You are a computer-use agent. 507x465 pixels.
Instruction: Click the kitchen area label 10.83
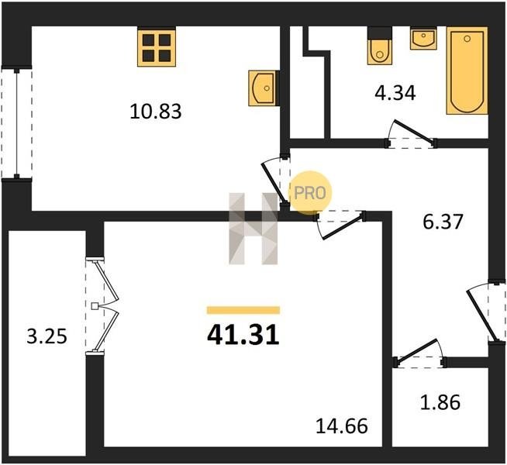pos(156,111)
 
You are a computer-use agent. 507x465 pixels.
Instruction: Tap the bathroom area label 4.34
pos(395,93)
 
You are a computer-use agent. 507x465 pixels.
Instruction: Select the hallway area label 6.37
pos(443,222)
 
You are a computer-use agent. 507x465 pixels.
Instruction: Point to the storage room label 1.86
pos(440,403)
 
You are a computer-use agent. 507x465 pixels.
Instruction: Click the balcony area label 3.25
pos(47,336)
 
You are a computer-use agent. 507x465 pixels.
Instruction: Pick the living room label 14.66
pos(341,426)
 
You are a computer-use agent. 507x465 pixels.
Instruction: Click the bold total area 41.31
pos(243,335)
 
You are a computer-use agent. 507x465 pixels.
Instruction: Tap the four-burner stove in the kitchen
pos(157,47)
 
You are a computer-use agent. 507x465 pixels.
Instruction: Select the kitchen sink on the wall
pos(262,88)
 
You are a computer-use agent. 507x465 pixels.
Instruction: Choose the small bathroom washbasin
pos(423,39)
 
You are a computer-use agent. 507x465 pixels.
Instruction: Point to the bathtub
pos(467,71)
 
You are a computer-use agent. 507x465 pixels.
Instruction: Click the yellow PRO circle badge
pos(310,193)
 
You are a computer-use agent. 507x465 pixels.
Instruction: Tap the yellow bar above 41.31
pos(243,310)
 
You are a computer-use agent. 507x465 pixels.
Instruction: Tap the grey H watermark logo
pos(253,229)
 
